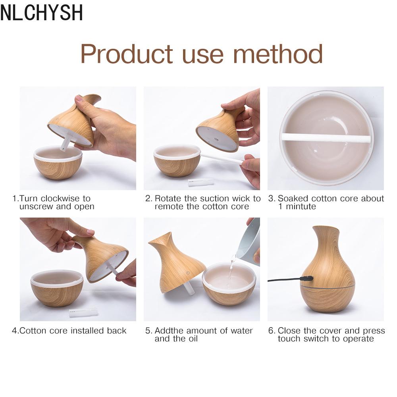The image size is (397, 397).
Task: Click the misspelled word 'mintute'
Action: (301, 206)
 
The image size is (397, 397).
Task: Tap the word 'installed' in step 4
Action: (87, 330)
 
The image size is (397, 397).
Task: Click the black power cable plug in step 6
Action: (306, 278)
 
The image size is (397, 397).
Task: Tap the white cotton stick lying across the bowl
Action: (327, 137)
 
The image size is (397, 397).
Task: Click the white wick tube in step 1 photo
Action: (65, 143)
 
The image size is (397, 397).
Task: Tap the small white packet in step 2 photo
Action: (201, 182)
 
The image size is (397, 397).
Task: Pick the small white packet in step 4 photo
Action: (83, 312)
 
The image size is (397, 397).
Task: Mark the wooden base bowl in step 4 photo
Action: (57, 288)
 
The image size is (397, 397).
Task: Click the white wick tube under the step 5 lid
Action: (189, 288)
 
